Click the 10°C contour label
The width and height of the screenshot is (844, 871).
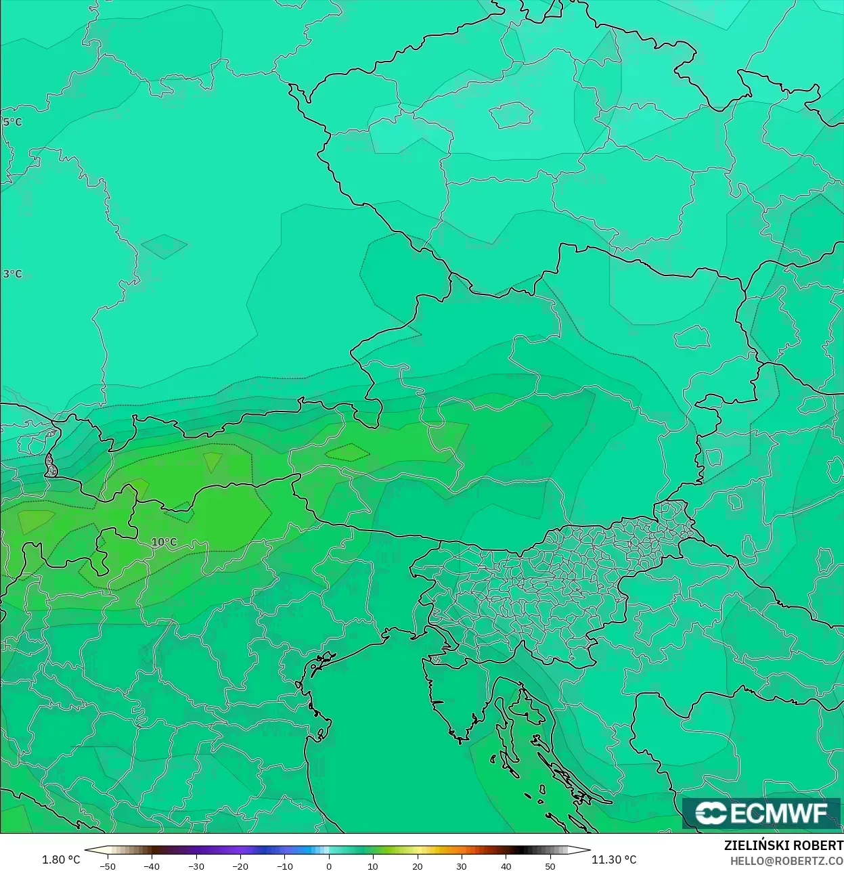[x=164, y=542]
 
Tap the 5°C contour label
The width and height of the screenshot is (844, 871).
[x=12, y=122]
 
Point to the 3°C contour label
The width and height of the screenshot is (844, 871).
[x=12, y=274]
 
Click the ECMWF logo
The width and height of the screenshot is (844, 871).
[x=761, y=813]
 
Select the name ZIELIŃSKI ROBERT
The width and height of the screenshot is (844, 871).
[x=783, y=846]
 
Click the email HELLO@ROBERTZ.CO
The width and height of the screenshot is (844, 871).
[x=786, y=861]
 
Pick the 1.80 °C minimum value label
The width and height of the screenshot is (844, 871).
[x=61, y=859]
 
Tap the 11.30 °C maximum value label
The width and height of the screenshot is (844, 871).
[x=614, y=859]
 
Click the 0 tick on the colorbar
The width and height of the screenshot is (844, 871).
[x=329, y=866]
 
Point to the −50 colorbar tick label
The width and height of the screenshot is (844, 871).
[x=107, y=866]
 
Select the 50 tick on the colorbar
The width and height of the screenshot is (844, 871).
[x=550, y=866]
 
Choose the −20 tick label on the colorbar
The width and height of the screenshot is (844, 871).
[x=240, y=866]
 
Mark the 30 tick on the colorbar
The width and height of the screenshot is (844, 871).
[x=462, y=866]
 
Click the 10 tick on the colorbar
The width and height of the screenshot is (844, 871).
[x=373, y=866]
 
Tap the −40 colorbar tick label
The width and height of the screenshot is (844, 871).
[x=151, y=866]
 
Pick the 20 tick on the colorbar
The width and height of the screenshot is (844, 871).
[x=418, y=866]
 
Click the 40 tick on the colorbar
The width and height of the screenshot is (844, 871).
[x=506, y=866]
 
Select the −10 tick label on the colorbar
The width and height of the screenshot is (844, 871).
[x=284, y=866]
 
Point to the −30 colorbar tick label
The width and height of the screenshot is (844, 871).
[x=196, y=866]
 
